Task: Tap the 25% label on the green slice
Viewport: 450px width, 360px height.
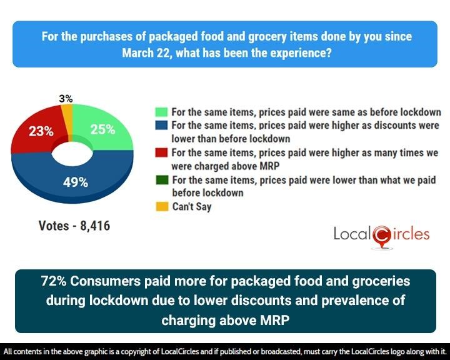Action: click(x=102, y=129)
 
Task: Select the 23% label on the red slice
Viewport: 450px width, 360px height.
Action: click(x=39, y=131)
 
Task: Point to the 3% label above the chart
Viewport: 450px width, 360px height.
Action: click(x=66, y=99)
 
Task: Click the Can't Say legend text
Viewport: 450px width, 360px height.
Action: click(x=191, y=206)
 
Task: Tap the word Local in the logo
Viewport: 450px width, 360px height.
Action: click(x=352, y=234)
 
